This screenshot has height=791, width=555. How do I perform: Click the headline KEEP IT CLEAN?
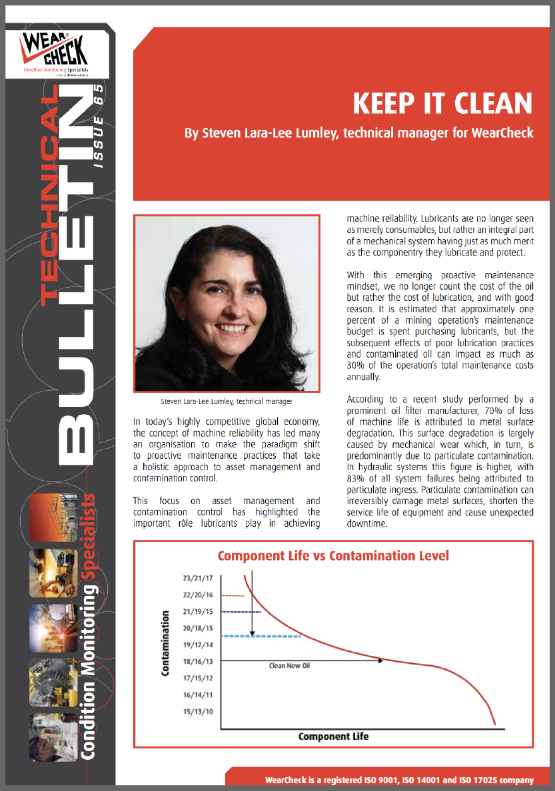[x=442, y=104]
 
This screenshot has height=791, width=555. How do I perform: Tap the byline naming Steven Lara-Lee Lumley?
[x=359, y=133]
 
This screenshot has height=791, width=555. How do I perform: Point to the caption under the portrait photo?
[x=227, y=401]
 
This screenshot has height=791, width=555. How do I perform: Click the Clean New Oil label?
[x=290, y=666]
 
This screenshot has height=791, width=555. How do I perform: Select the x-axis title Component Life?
[x=333, y=736]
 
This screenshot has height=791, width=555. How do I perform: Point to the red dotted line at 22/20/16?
[x=232, y=595]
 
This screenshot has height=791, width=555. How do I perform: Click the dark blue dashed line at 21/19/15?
[x=240, y=612]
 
